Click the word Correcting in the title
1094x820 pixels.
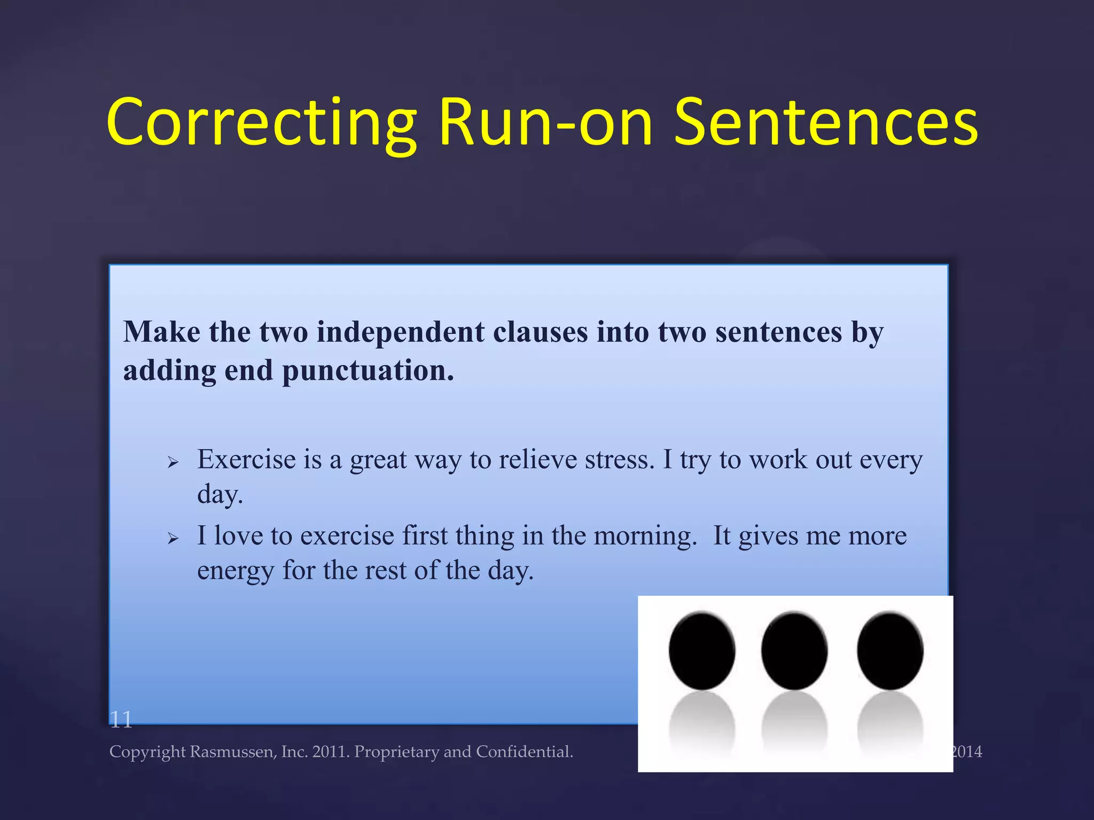pos(262,123)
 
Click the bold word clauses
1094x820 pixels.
pos(540,332)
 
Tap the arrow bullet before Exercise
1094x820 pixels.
pos(173,462)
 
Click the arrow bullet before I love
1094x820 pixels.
pos(173,538)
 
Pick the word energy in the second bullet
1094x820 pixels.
pos(236,571)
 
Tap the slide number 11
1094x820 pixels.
pos(121,720)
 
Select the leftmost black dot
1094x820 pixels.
pos(702,651)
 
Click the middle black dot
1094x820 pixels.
pos(794,651)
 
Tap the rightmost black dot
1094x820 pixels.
pos(890,651)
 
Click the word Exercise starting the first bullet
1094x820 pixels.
pos(246,460)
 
